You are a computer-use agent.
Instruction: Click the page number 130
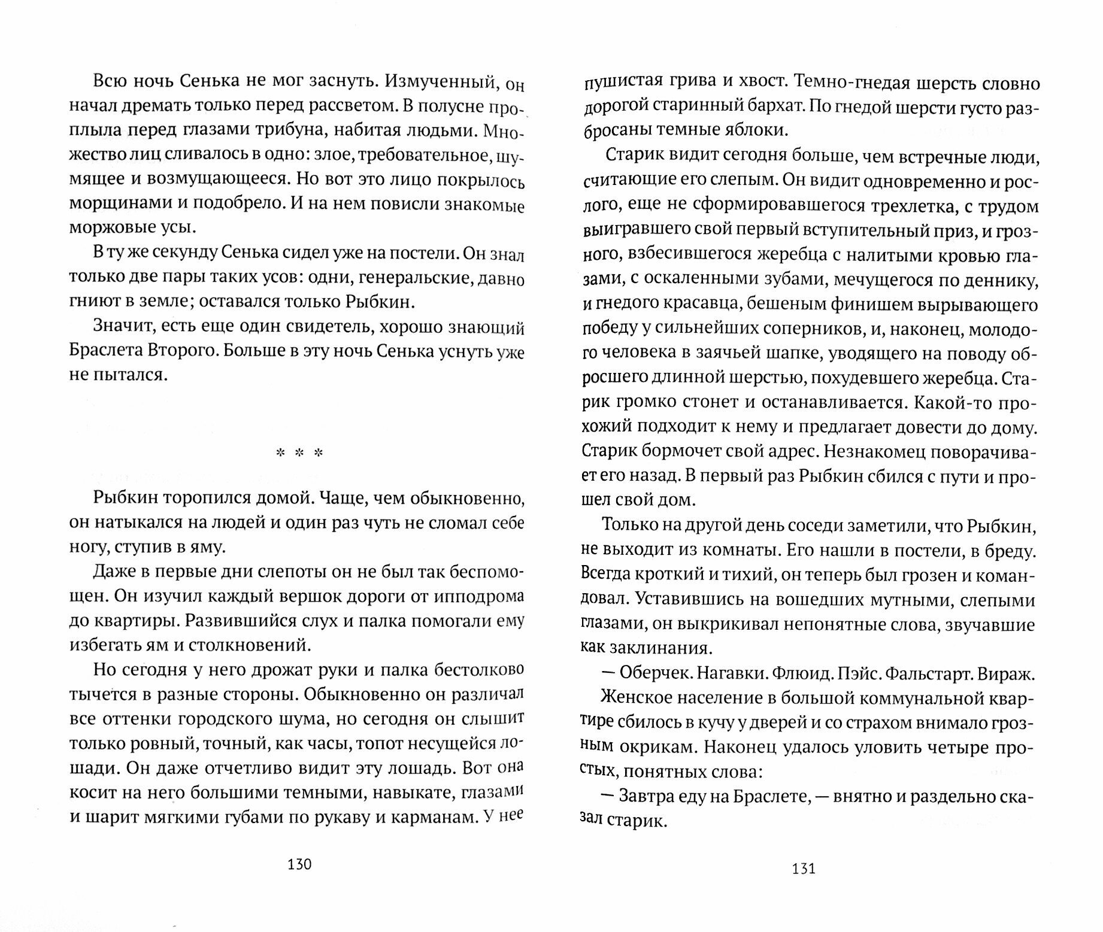click(x=299, y=864)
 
